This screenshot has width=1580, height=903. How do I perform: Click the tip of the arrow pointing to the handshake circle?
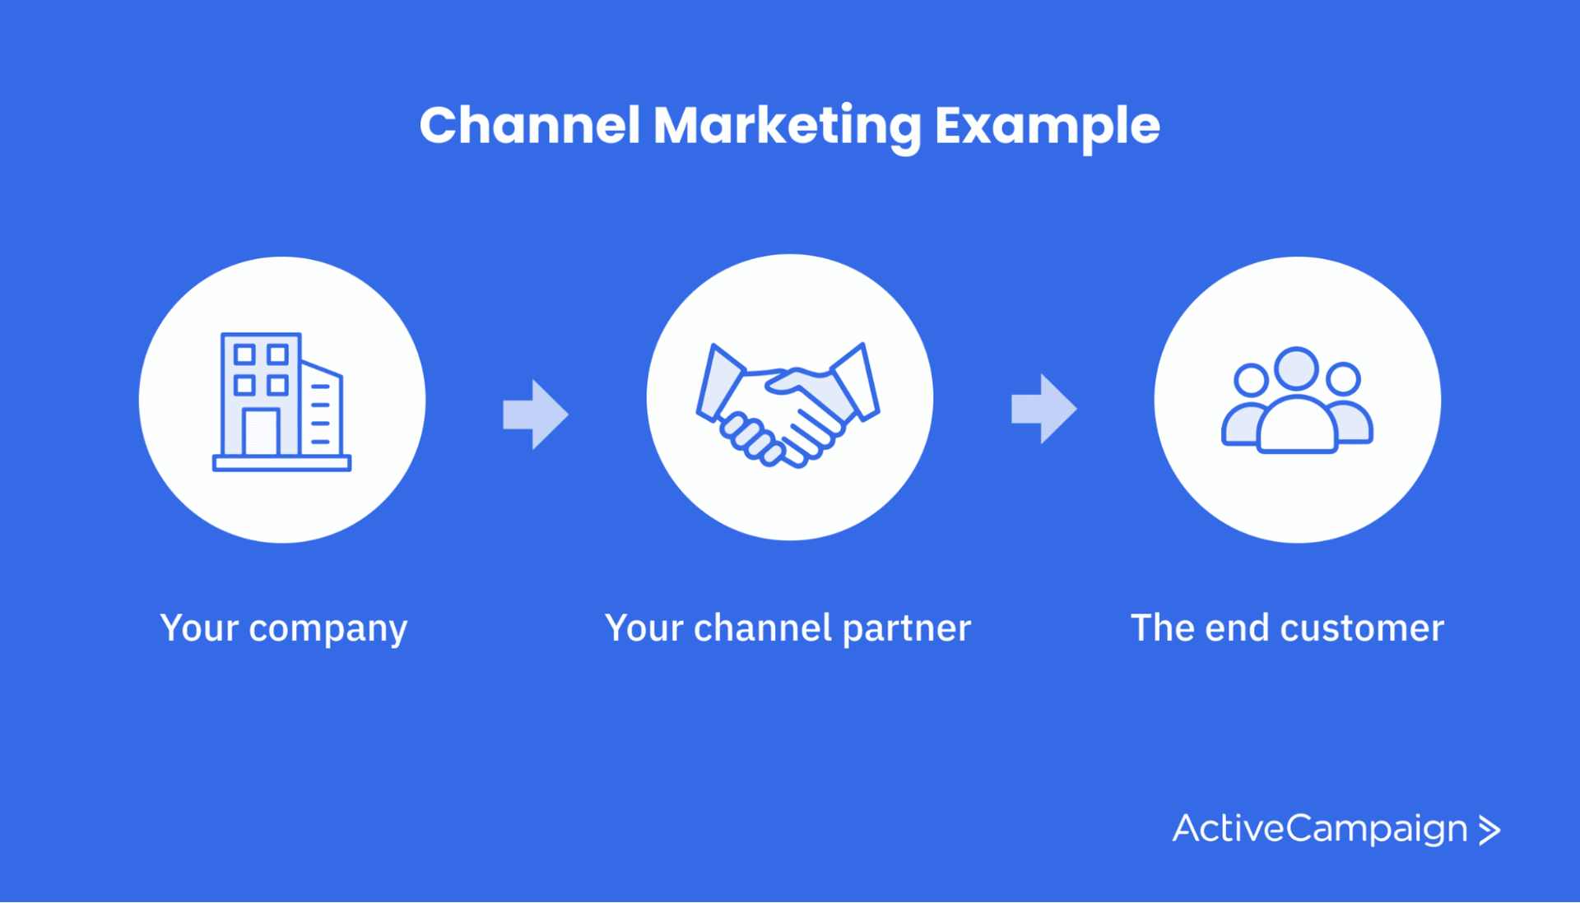pyautogui.click(x=569, y=414)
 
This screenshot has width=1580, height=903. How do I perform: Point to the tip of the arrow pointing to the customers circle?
pyautogui.click(x=1077, y=409)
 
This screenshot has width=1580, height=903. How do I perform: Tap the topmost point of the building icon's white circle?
pyautogui.click(x=282, y=257)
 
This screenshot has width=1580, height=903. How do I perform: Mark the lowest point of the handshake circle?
pyautogui.click(x=790, y=540)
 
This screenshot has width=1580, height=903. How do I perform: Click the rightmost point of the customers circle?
pyautogui.click(x=1441, y=400)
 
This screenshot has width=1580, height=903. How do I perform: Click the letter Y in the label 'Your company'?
pyautogui.click(x=175, y=627)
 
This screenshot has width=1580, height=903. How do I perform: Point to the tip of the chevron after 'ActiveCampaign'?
pyautogui.click(x=1501, y=830)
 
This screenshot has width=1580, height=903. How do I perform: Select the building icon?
pyautogui.click(x=282, y=401)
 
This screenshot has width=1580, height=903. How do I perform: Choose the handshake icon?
pyautogui.click(x=788, y=405)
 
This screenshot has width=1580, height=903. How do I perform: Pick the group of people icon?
pyautogui.click(x=1297, y=400)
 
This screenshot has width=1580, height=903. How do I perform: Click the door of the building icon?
pyautogui.click(x=261, y=432)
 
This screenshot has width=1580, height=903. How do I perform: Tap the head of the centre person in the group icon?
pyautogui.click(x=1296, y=368)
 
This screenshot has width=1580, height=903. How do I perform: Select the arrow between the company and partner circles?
pyautogui.click(x=536, y=414)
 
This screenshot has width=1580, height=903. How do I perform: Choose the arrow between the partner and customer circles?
pyautogui.click(x=1044, y=409)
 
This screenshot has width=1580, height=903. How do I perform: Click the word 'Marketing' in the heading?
pyautogui.click(x=788, y=127)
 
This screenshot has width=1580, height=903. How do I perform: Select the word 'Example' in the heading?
pyautogui.click(x=1047, y=127)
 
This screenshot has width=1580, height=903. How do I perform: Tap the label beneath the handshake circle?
pyautogui.click(x=788, y=629)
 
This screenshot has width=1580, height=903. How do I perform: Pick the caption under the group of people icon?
pyautogui.click(x=1288, y=628)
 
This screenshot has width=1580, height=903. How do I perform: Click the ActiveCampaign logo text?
pyautogui.click(x=1320, y=829)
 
